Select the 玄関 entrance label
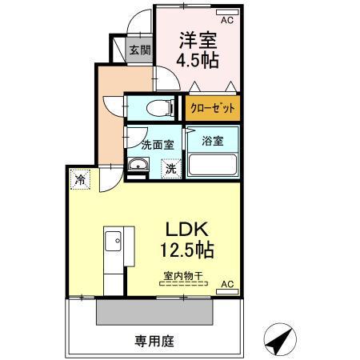[139, 50]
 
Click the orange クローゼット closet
[213, 106]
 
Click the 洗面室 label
[158, 146]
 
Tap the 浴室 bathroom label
[212, 139]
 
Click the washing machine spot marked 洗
[171, 169]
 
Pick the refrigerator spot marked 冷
[80, 180]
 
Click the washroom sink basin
[138, 166]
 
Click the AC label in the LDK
[226, 284]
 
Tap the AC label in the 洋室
[226, 18]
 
